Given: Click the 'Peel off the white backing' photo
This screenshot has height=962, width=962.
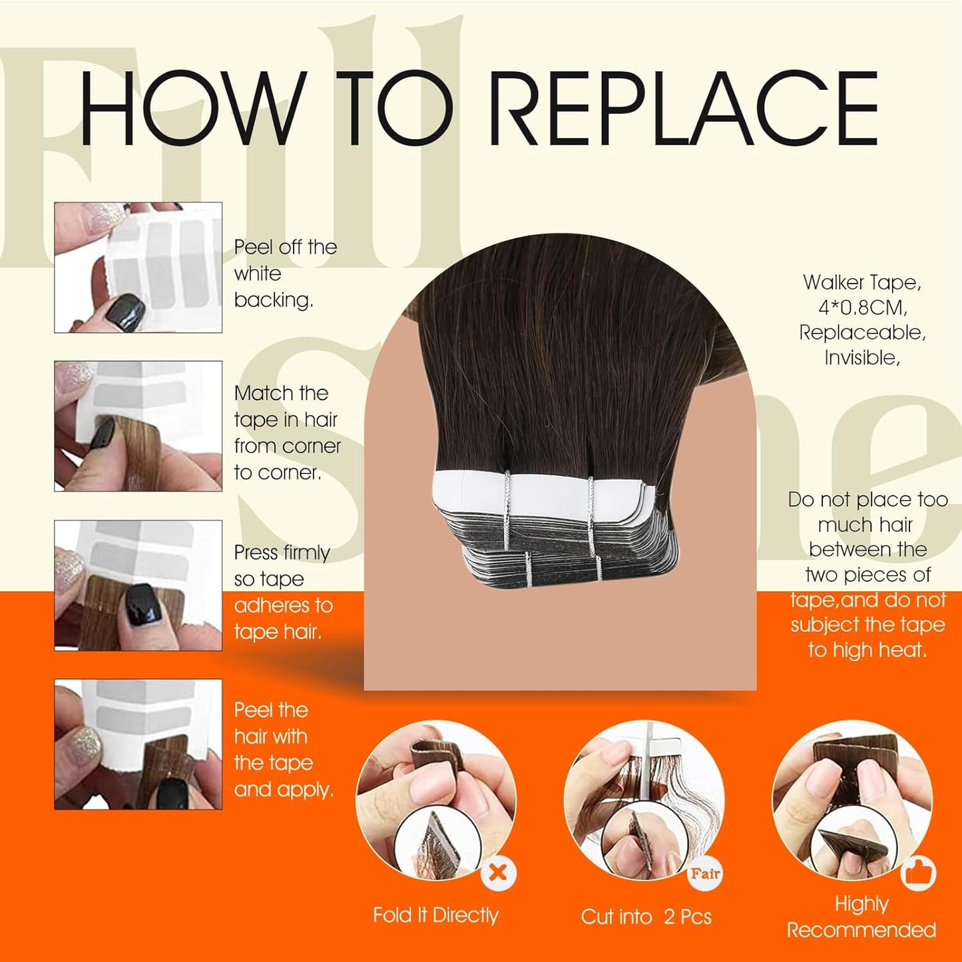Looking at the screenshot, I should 138,267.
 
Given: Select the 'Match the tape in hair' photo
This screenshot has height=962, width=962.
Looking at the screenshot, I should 138,426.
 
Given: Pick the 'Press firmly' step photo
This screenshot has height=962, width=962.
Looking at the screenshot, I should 138,585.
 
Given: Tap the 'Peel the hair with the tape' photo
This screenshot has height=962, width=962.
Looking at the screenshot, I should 138,744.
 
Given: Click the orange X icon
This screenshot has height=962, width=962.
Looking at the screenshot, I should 498,872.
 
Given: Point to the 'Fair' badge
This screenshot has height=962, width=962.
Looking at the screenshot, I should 705,873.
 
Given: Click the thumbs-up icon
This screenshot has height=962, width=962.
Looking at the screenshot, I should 919,873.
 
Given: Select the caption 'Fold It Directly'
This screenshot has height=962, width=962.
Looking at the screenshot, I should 435,915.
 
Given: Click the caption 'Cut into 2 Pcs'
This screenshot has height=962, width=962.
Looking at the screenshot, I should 646,917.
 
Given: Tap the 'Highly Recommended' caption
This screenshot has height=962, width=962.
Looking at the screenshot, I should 861,917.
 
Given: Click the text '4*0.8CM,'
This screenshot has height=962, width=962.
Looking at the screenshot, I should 862,308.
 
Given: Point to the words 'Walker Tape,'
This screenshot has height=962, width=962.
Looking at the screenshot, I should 862,282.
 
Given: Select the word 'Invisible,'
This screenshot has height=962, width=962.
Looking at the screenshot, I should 862,358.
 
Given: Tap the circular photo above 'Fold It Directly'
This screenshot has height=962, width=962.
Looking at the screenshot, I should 436,799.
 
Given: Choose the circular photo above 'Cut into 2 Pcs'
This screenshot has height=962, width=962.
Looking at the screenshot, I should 642,799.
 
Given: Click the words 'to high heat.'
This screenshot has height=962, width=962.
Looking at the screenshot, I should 867,650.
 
